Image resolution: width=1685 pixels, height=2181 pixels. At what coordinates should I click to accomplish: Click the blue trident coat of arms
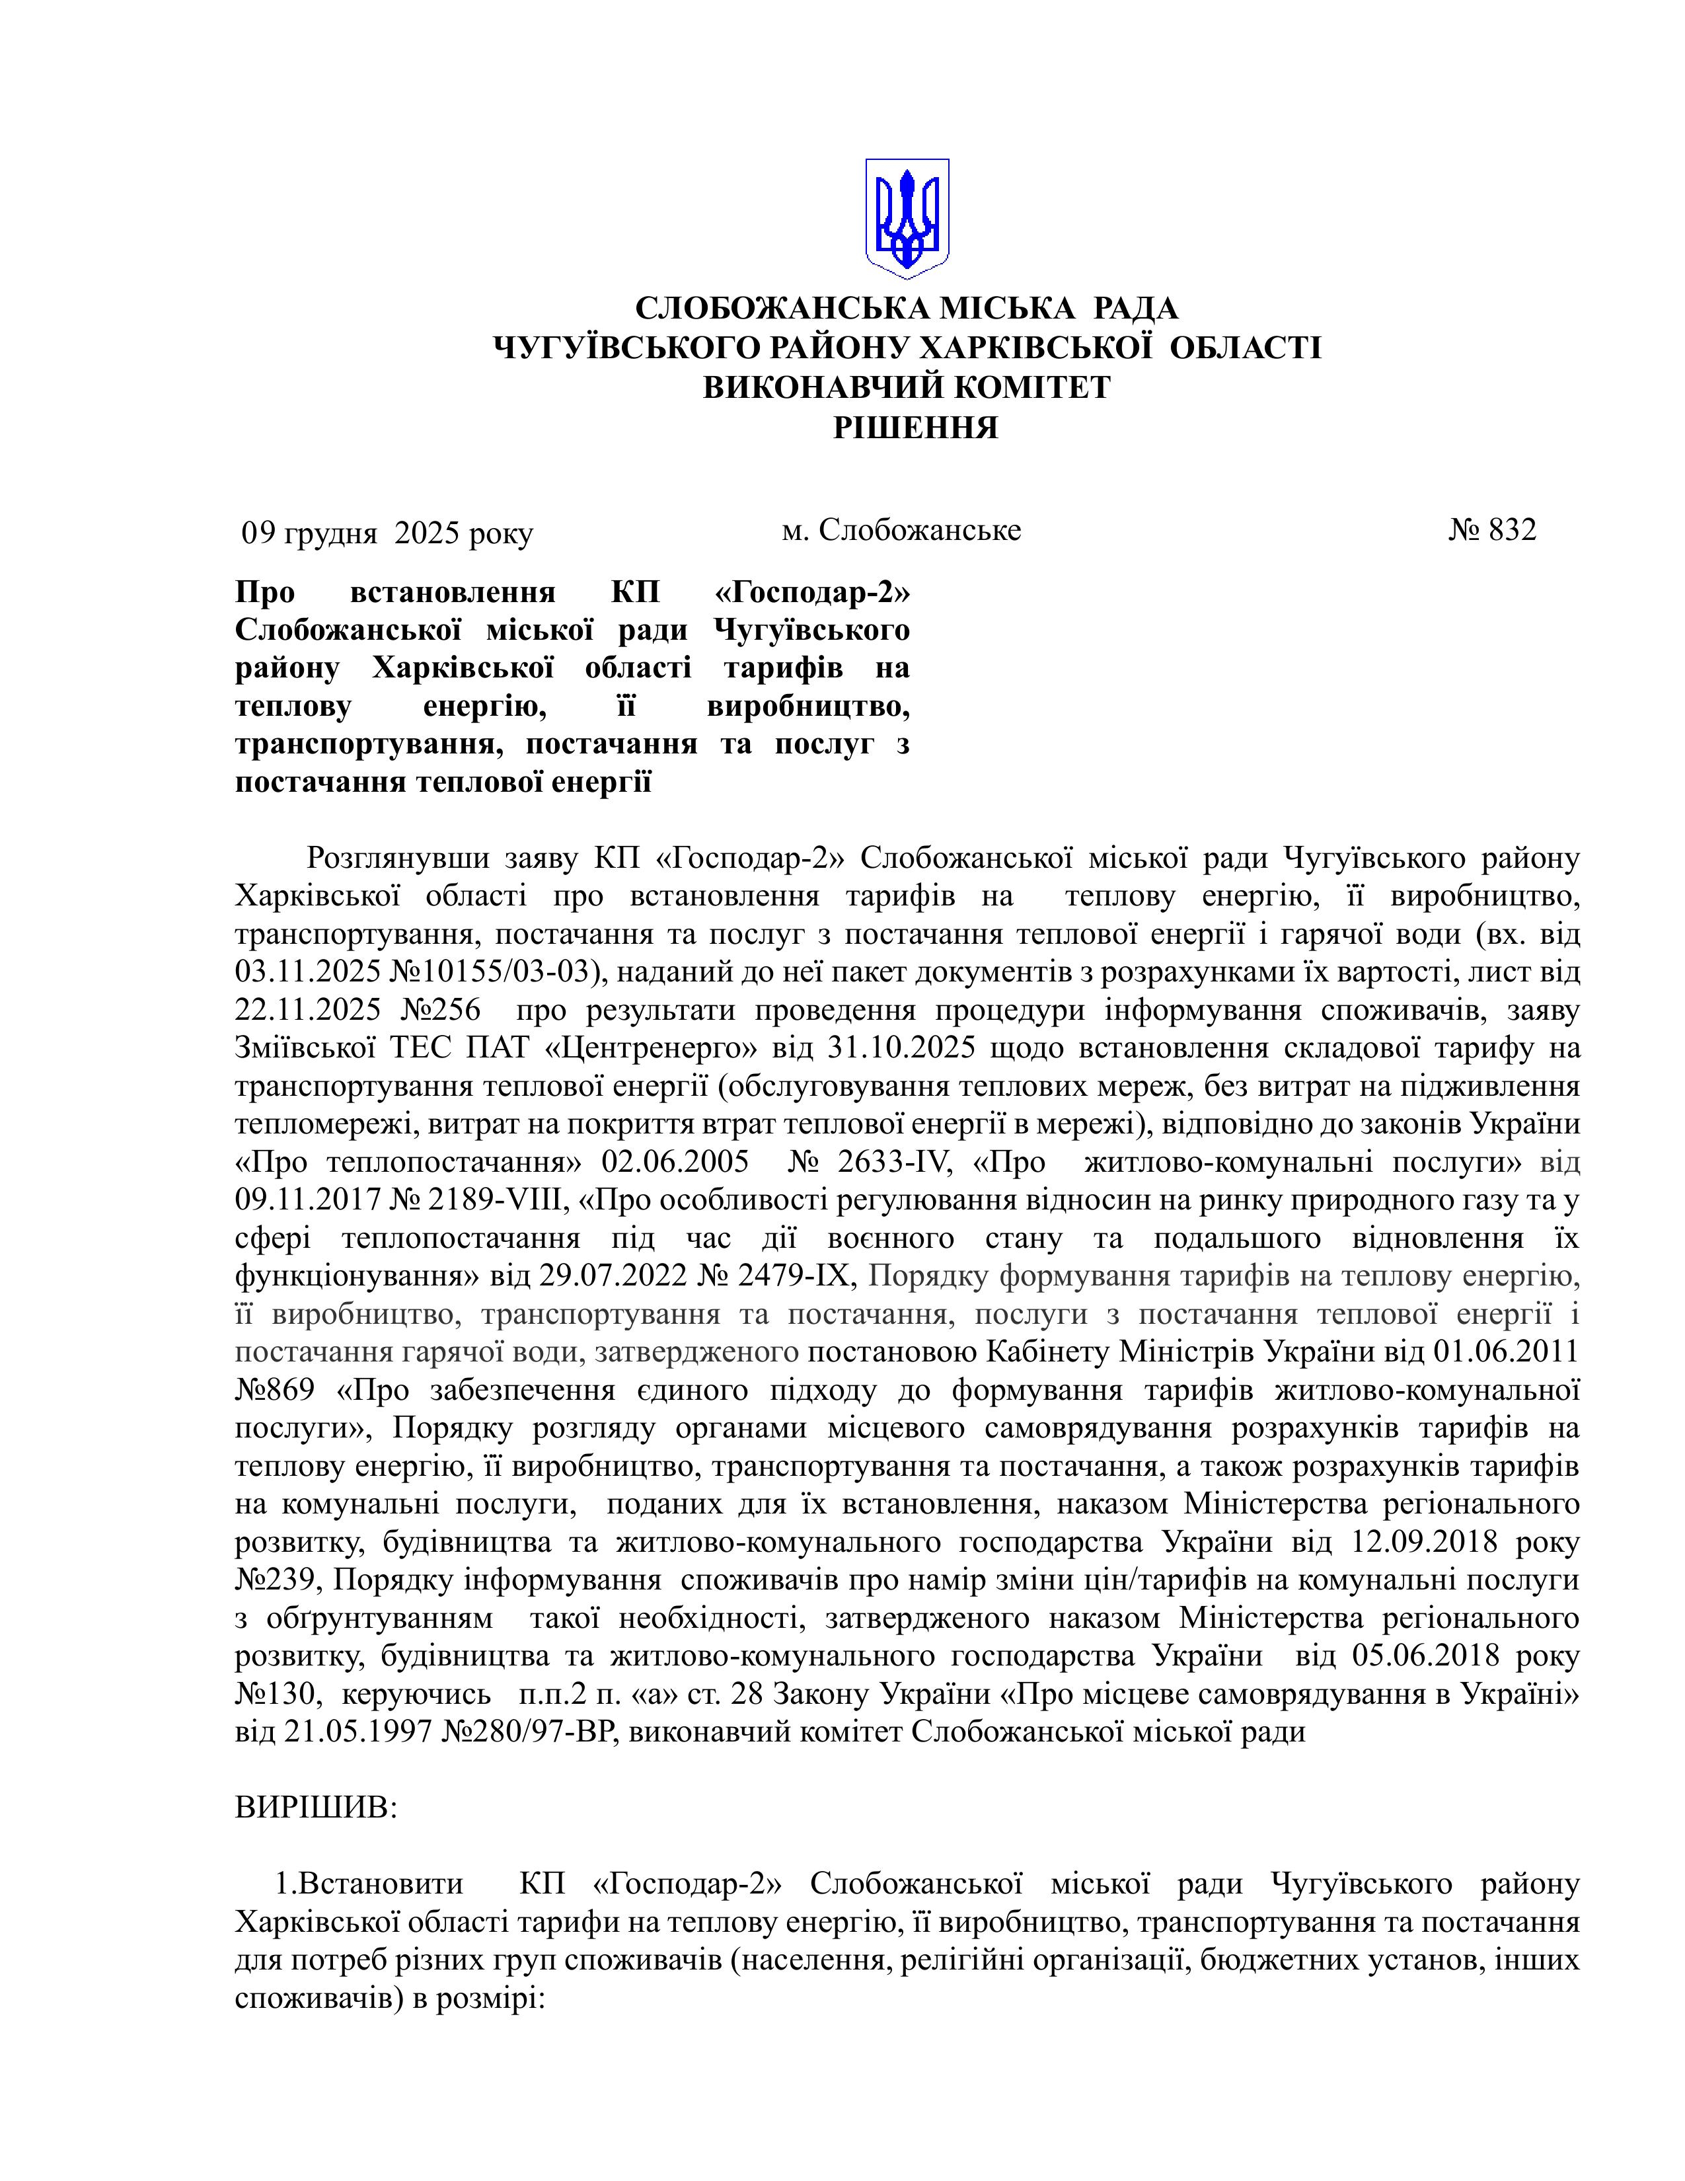tap(907, 217)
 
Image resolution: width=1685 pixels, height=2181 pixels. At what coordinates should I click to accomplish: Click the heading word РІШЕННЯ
tap(915, 428)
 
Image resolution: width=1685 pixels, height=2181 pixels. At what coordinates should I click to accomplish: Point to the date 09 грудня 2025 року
tap(387, 533)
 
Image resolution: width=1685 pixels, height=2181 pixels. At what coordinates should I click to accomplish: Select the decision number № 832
tap(1492, 530)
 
